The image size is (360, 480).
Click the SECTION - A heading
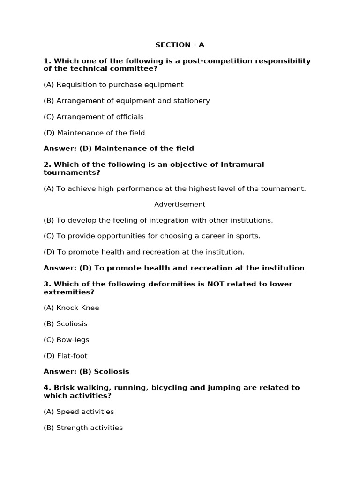[x=180, y=45]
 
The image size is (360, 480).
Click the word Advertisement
[x=180, y=204]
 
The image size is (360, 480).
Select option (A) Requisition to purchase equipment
[x=113, y=85]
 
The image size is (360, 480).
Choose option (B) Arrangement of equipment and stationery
[x=127, y=101]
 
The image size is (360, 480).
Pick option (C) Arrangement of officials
[x=94, y=117]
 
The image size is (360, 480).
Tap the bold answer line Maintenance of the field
[x=119, y=149]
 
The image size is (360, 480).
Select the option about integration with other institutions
[x=158, y=220]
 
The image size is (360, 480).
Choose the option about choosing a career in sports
[x=152, y=236]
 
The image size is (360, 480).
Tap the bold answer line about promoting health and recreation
[x=174, y=268]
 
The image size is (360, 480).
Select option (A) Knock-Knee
[x=71, y=308]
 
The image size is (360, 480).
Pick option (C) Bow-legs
[x=66, y=340]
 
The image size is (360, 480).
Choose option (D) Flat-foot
[x=65, y=356]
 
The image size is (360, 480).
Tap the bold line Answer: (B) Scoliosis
[x=86, y=372]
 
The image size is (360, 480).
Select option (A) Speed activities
[x=79, y=412]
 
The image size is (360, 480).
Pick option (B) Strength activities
[x=83, y=427]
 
